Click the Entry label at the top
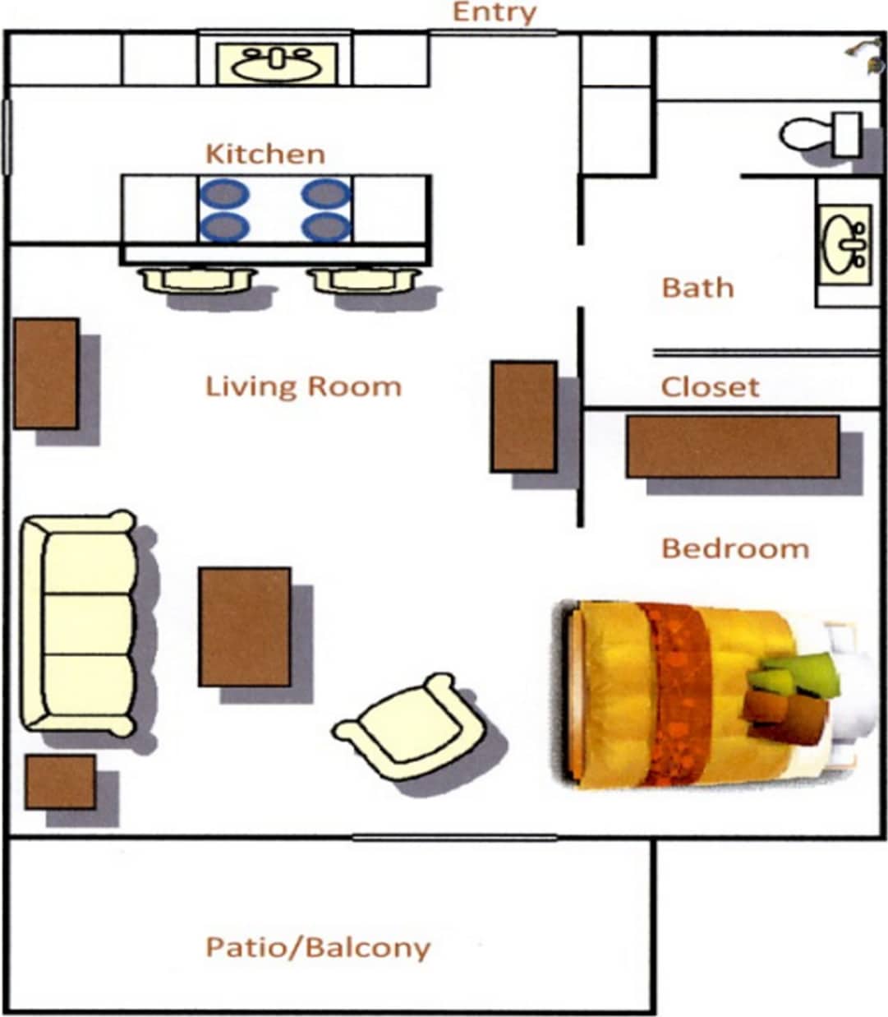pyautogui.click(x=495, y=12)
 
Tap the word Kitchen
pyautogui.click(x=265, y=154)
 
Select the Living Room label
pyautogui.click(x=303, y=386)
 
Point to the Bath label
pyautogui.click(x=697, y=288)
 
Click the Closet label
pyautogui.click(x=710, y=386)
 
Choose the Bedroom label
pyautogui.click(x=735, y=548)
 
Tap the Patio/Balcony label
pyautogui.click(x=318, y=947)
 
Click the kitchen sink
pyautogui.click(x=276, y=63)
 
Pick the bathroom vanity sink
pyautogui.click(x=844, y=243)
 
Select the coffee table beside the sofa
pyautogui.click(x=245, y=626)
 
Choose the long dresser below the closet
pyautogui.click(x=732, y=446)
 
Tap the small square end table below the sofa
pyautogui.click(x=60, y=782)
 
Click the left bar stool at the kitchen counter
pyautogui.click(x=197, y=280)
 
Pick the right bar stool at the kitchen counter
pyautogui.click(x=364, y=280)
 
